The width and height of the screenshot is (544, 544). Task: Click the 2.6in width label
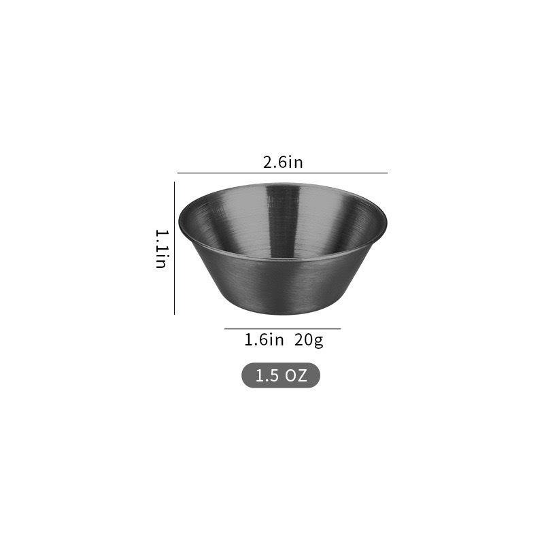(282, 163)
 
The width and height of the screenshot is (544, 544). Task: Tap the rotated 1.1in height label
(161, 249)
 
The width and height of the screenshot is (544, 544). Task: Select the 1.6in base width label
(264, 339)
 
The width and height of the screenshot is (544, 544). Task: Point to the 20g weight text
(309, 339)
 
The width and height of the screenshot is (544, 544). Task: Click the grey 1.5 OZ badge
(280, 375)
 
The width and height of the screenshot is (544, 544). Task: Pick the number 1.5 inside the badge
(267, 375)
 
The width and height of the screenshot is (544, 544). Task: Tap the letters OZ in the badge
(296, 375)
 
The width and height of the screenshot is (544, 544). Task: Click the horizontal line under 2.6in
(282, 173)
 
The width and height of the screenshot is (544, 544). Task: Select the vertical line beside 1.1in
(175, 249)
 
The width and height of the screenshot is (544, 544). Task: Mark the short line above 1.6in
(282, 329)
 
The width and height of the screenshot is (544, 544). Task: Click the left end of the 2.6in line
(178, 173)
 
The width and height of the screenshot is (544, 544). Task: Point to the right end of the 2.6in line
(387, 173)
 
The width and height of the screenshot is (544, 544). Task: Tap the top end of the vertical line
(175, 182)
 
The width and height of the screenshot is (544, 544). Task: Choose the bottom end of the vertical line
(175, 314)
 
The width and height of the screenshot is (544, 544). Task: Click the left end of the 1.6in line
(225, 329)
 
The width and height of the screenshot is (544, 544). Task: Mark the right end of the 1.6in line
(340, 329)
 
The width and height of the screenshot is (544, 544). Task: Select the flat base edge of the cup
(282, 313)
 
